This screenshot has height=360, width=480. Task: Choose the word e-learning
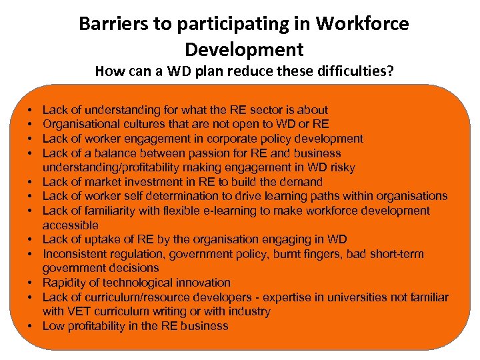pyautogui.click(x=259, y=211)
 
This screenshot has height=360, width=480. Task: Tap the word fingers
pyautogui.click(x=332, y=254)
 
